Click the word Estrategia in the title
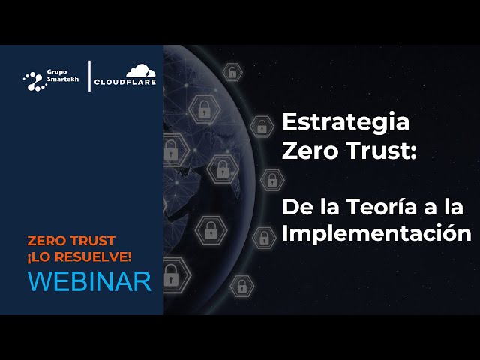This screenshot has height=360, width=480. point(346,122)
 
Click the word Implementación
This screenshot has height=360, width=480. point(376,232)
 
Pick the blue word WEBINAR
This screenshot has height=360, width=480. point(89,280)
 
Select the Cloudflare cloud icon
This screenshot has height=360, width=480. point(140,71)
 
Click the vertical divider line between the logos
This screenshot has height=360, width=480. point(90,76)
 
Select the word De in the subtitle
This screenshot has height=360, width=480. point(294,205)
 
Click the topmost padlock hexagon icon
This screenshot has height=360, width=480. point(232,72)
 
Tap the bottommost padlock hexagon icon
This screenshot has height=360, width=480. point(241,285)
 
